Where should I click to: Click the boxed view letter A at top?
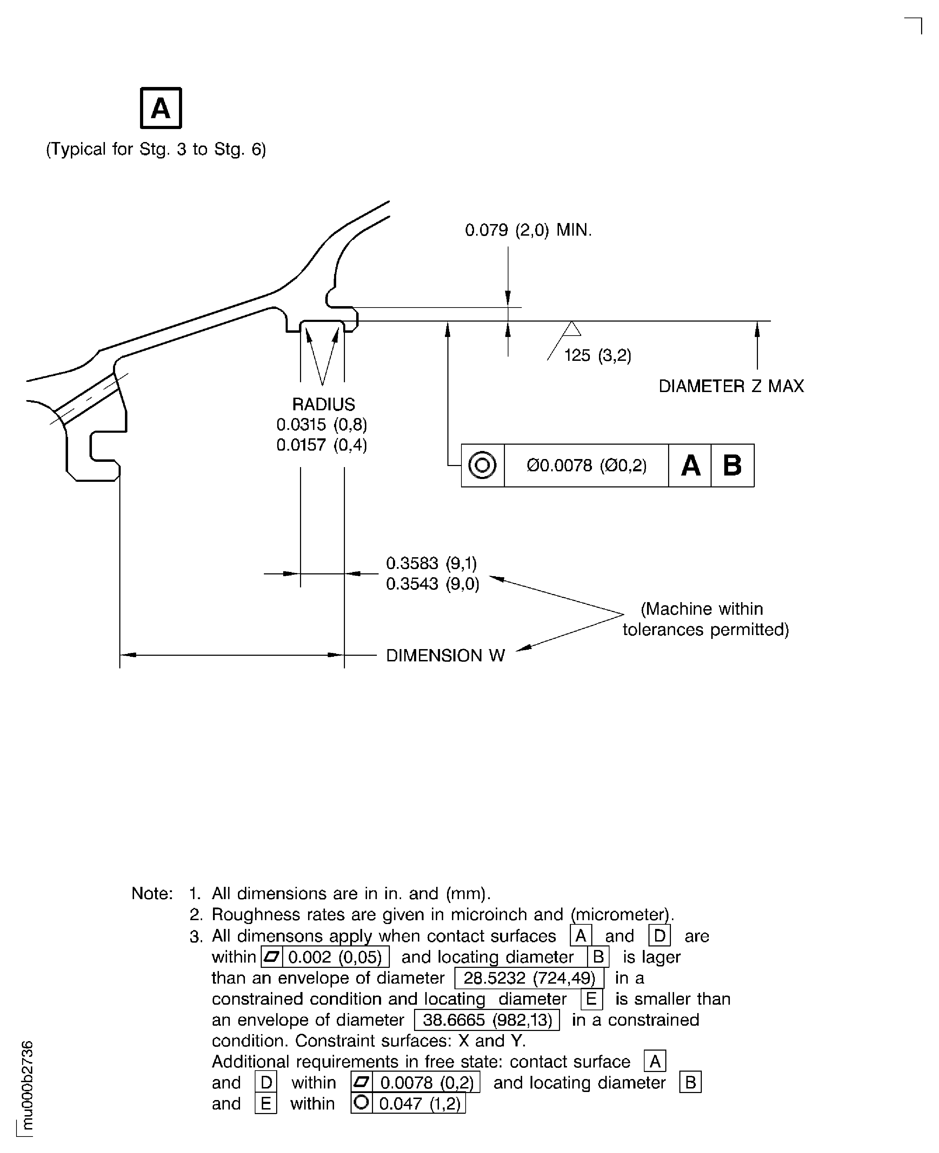pyautogui.click(x=161, y=108)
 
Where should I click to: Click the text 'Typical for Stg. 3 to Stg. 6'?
pyautogui.click(x=156, y=149)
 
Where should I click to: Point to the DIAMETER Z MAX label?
pyautogui.click(x=731, y=386)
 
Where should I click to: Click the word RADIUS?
pyautogui.click(x=324, y=404)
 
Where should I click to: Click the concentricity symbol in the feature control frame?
pyautogui.click(x=482, y=465)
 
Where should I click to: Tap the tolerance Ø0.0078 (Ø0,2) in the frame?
pyautogui.click(x=586, y=465)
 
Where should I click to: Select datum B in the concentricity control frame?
pyautogui.click(x=732, y=465)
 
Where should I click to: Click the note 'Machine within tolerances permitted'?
pyautogui.click(x=705, y=619)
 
